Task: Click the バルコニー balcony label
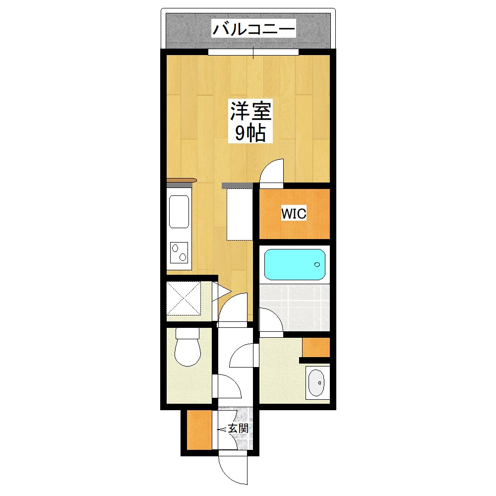coord(253,29)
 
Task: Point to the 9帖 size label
coord(250,133)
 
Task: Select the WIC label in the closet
coord(294,214)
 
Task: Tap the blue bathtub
coord(295,264)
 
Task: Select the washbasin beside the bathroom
coord(316,382)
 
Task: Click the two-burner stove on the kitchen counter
coord(179,252)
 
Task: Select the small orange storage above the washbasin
coord(316,347)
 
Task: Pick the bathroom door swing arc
coord(270,320)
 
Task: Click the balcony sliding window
coord(253,52)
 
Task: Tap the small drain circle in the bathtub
coord(317,264)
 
